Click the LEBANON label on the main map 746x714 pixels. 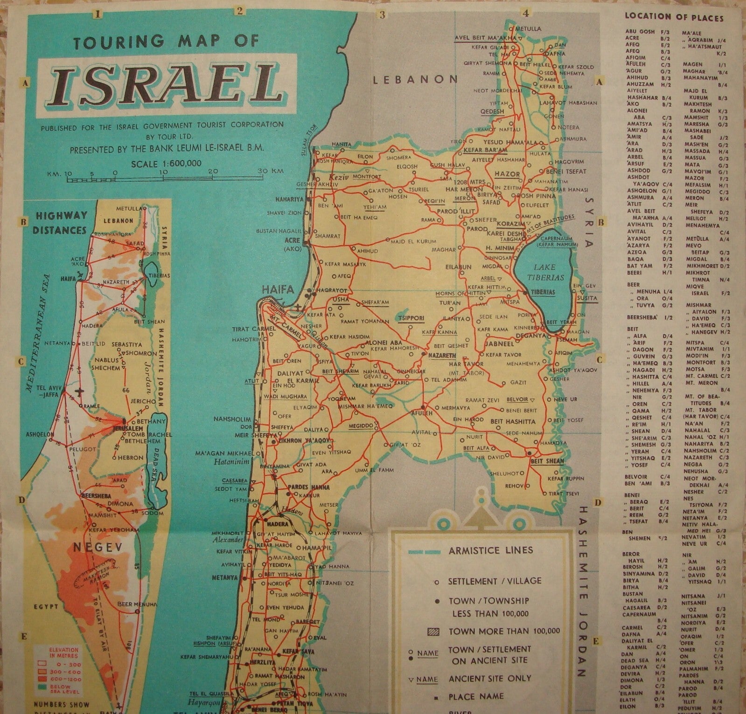click(x=415, y=80)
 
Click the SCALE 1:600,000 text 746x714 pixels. click(x=167, y=163)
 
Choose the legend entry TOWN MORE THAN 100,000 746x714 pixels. click(x=504, y=632)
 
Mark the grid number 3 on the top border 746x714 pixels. click(x=382, y=14)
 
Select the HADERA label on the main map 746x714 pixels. click(x=277, y=523)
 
